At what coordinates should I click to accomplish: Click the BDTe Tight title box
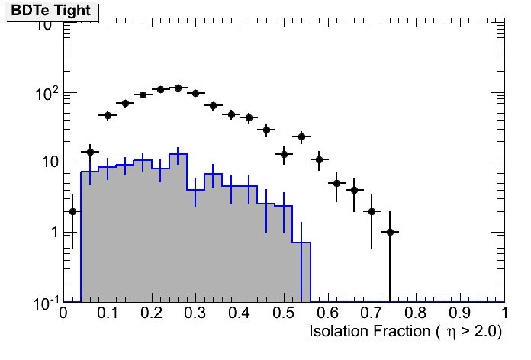pos(51,11)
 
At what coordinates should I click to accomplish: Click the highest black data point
pos(178,88)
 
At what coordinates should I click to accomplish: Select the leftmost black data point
pos(72,211)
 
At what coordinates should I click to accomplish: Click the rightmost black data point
pos(390,232)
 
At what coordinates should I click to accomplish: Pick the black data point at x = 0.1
pos(108,115)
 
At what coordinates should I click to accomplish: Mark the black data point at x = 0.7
pos(372,211)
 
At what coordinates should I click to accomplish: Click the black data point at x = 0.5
pos(284,154)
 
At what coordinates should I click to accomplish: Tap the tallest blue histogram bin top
pos(178,155)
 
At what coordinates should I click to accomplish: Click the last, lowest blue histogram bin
pos(301,243)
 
